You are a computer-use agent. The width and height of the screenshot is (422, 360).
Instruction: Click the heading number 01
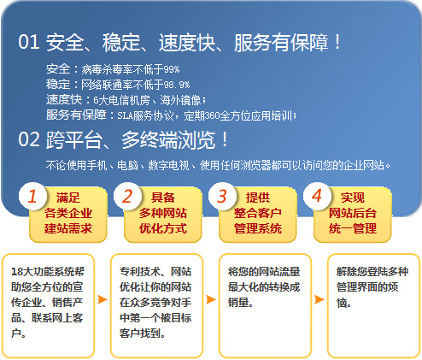[x=29, y=42]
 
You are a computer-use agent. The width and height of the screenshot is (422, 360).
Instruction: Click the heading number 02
[x=29, y=139]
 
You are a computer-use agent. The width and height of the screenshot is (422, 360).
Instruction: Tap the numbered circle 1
[x=32, y=197]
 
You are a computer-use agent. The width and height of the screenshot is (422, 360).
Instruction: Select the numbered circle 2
[x=127, y=197]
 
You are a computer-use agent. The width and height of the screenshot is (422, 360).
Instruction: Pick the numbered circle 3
[x=222, y=197]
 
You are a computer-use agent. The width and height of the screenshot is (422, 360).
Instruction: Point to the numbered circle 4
[x=317, y=197]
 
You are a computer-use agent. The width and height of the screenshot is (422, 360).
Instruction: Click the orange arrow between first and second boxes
[x=103, y=299]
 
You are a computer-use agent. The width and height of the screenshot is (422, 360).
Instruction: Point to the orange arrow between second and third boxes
[x=211, y=299]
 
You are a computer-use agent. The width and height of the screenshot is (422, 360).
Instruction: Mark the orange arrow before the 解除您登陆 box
[x=319, y=299]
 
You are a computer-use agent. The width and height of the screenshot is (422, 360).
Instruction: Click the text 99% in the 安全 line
[x=172, y=69]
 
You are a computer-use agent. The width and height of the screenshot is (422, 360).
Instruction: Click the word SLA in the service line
[x=125, y=115]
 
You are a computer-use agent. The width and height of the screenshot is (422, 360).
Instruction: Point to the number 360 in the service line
[x=213, y=115]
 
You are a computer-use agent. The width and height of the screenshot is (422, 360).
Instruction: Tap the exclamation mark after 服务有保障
[x=337, y=42]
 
